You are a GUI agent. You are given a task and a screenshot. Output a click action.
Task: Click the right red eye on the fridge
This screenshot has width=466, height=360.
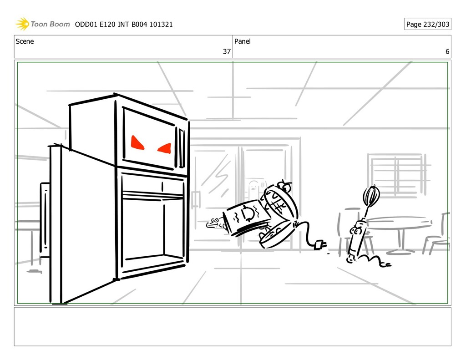point(165,148)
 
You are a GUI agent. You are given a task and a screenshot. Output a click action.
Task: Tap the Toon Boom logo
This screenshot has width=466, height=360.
point(43,24)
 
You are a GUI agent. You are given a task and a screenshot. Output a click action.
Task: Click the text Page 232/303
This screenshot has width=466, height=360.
point(427,24)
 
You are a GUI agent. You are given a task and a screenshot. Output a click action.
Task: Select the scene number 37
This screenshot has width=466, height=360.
point(226,52)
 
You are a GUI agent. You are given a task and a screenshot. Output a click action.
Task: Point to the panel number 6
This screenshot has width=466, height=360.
point(447,52)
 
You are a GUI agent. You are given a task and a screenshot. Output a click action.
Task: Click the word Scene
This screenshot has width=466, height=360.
point(25,41)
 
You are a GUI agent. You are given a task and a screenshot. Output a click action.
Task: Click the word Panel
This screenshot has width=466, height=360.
point(243,41)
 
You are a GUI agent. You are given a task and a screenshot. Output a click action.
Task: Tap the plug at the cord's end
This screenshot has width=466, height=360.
point(319,245)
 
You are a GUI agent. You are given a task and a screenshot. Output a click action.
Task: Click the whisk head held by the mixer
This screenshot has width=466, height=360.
point(371,196)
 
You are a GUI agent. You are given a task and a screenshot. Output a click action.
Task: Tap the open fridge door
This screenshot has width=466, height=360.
point(86,223)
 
